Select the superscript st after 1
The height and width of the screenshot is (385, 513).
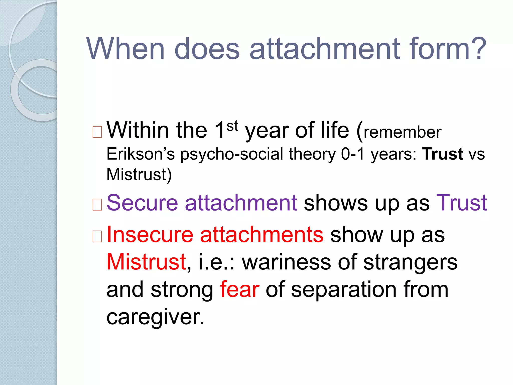[232, 126]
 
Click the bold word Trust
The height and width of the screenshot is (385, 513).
[442, 154]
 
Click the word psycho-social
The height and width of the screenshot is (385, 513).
[232, 154]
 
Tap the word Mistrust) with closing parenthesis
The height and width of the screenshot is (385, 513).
[139, 174]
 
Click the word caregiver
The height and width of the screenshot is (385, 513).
[155, 317]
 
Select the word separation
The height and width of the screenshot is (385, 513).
[344, 290]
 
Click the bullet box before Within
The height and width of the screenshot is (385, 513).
[97, 132]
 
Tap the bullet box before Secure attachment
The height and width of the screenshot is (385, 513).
[97, 205]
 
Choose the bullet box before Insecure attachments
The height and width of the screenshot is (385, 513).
[97, 236]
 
